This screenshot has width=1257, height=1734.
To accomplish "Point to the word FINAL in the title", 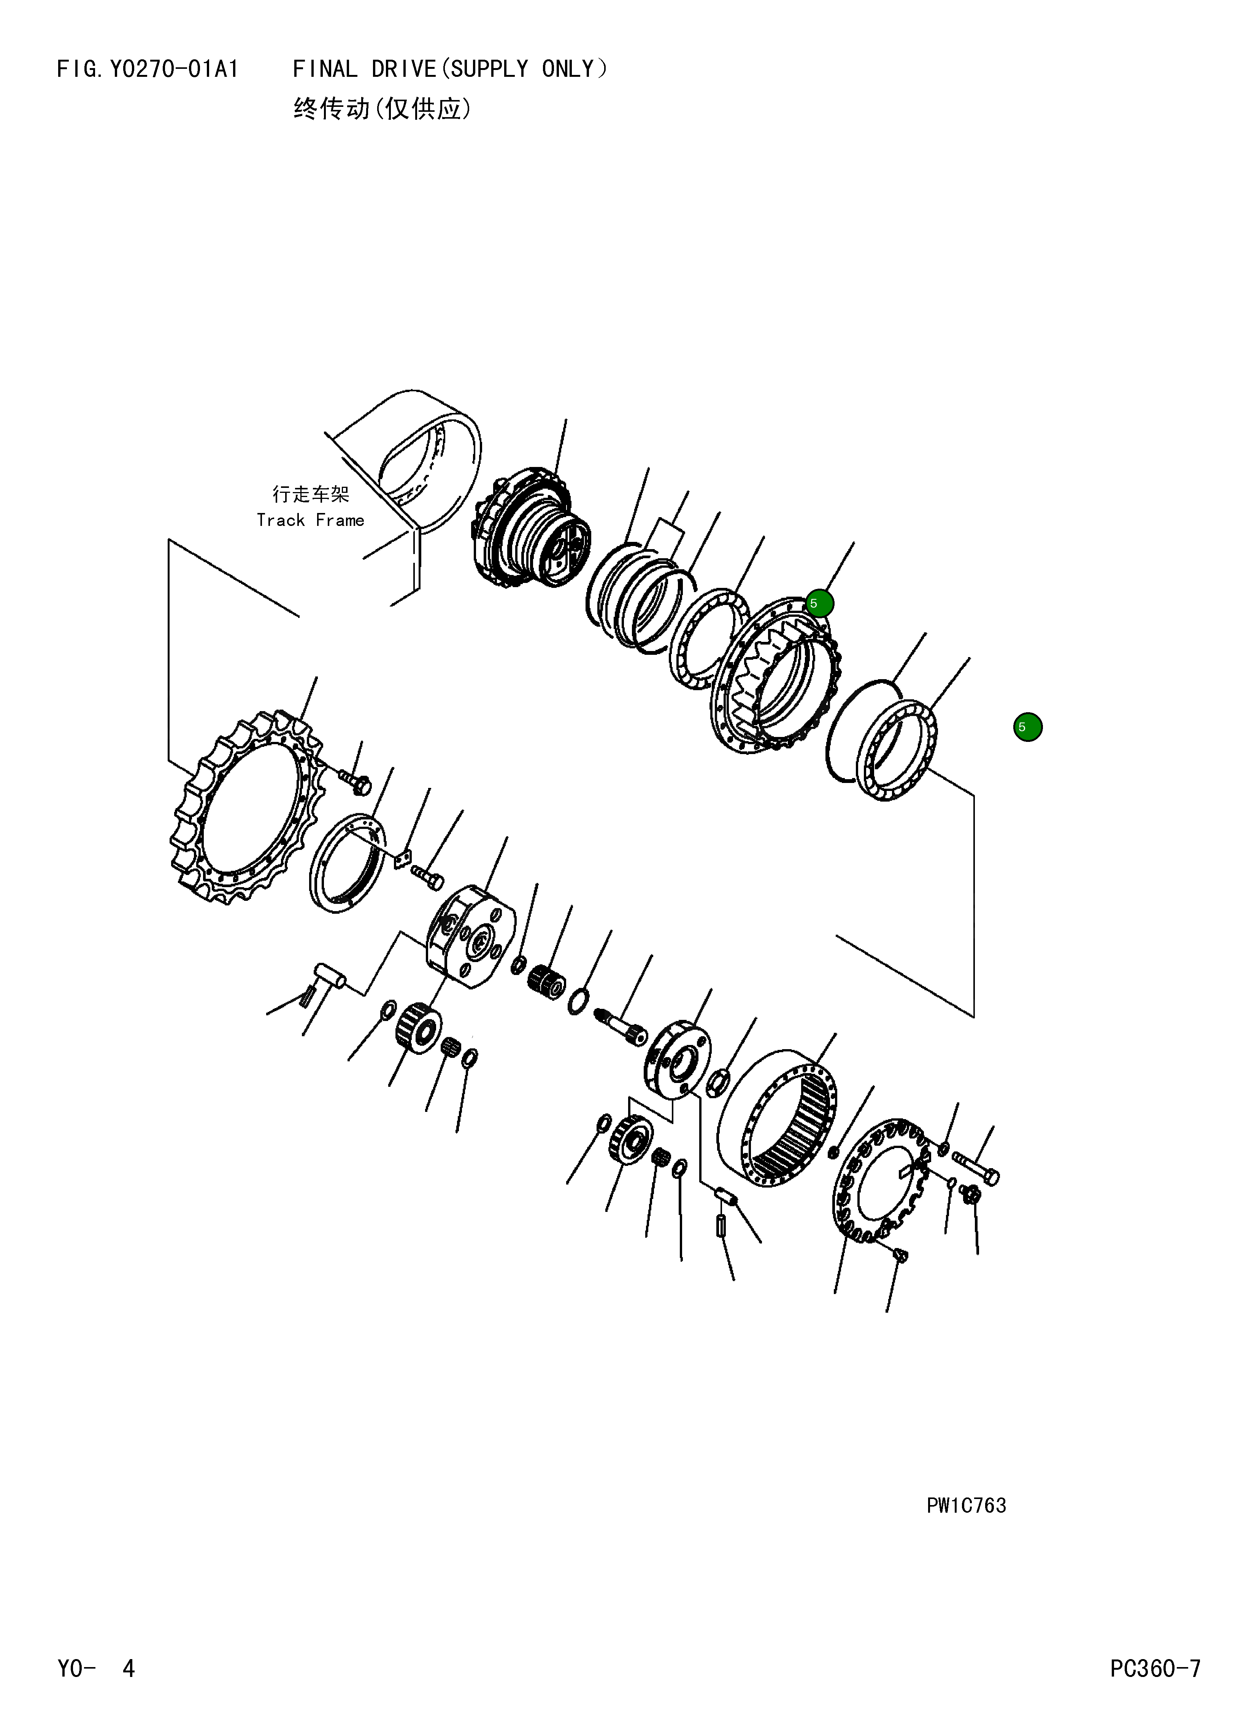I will click(325, 70).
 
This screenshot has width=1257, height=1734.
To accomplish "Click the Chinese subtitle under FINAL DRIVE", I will click(382, 110).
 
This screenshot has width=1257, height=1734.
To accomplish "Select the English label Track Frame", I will click(310, 521).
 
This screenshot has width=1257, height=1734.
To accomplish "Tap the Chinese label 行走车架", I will click(310, 495).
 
